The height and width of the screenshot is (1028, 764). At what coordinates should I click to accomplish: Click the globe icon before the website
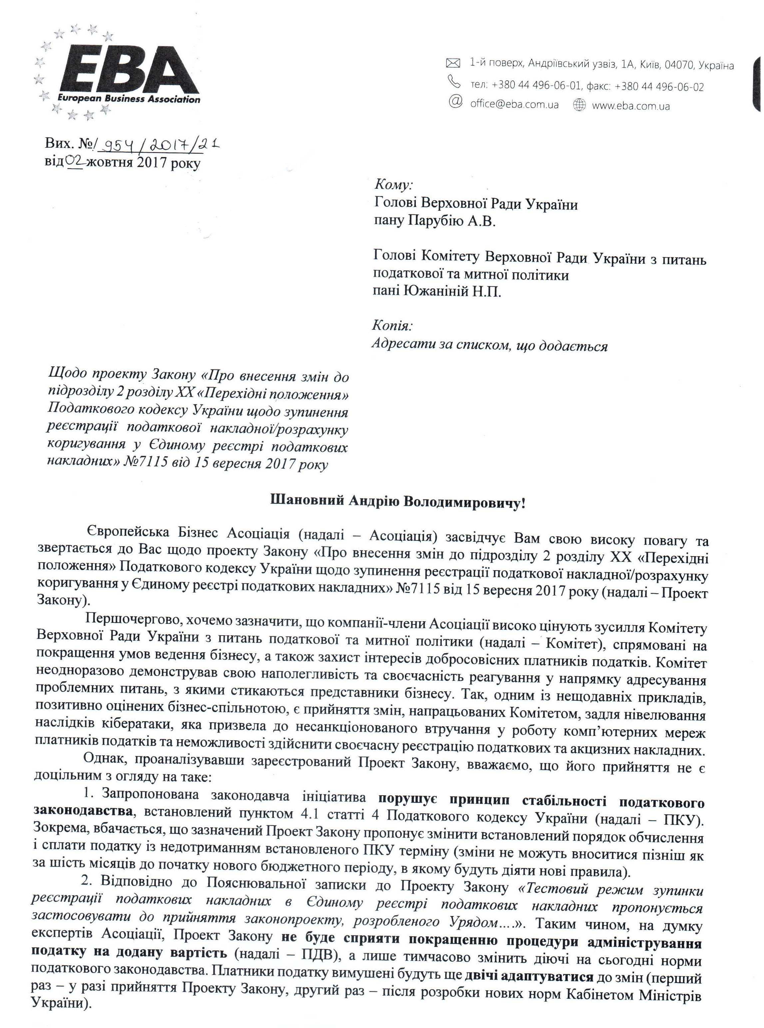[579, 105]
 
